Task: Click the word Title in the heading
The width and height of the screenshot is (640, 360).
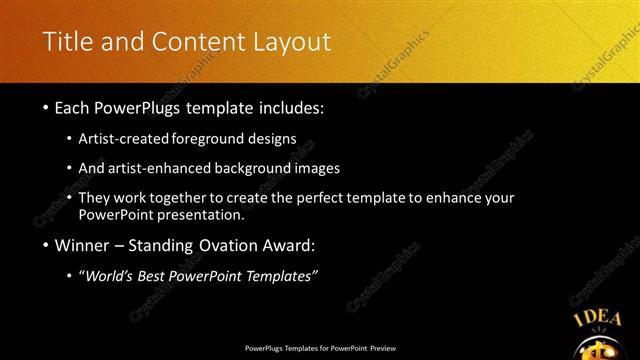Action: point(67,42)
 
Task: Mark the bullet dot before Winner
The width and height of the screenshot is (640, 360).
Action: point(46,246)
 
